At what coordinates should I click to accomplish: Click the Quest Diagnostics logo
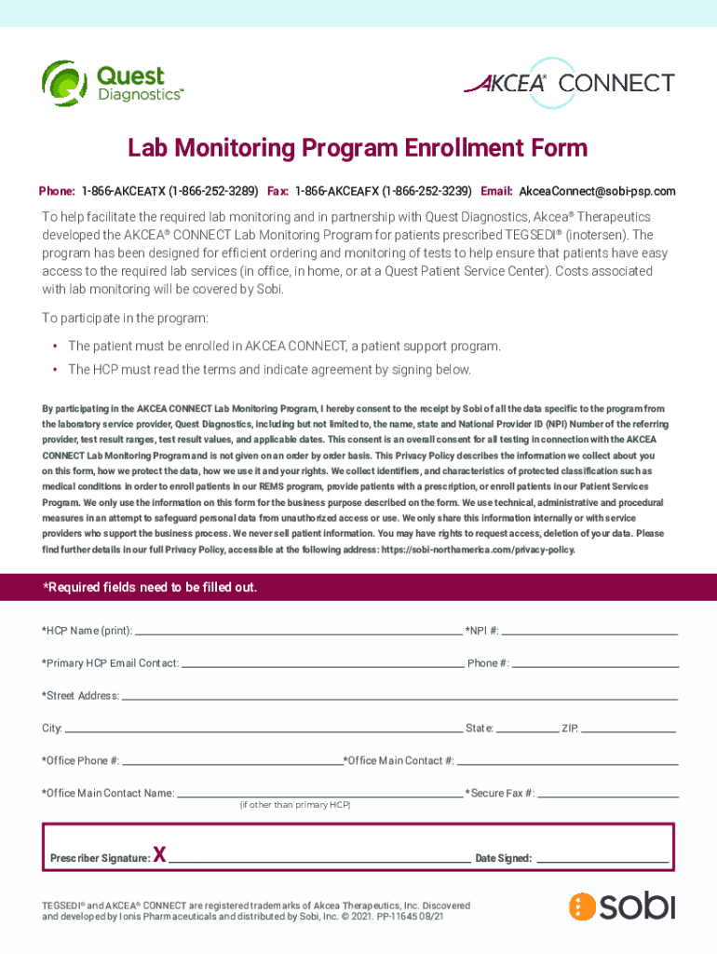(113, 83)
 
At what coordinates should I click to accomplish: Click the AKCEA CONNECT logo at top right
(569, 83)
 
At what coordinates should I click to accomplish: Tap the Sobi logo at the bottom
(622, 906)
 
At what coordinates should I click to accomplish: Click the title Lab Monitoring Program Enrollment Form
(358, 148)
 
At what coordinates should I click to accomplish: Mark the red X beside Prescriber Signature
(159, 854)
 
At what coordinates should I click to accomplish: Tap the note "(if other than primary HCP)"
(294, 805)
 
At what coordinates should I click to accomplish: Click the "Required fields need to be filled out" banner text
(150, 588)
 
